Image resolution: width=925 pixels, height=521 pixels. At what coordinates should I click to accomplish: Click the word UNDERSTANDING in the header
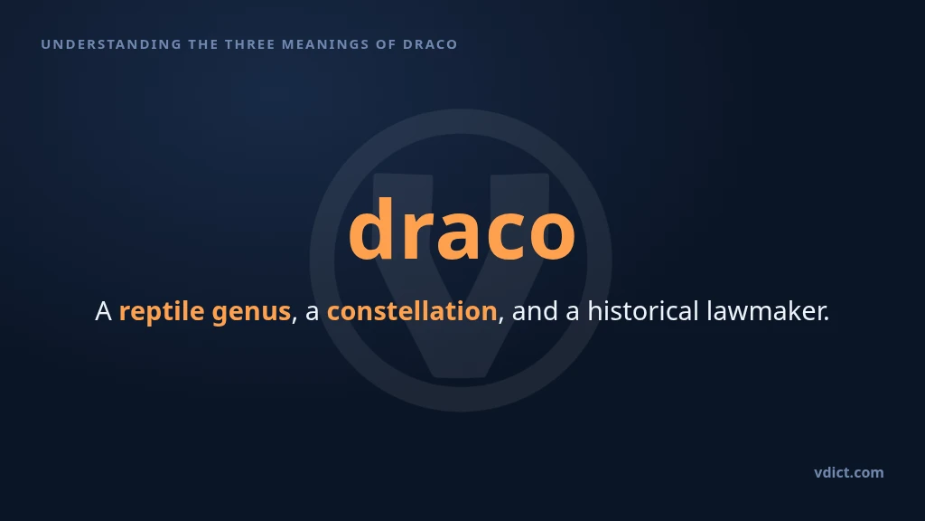coord(111,44)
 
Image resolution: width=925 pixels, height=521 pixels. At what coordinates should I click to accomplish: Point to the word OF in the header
coord(387,44)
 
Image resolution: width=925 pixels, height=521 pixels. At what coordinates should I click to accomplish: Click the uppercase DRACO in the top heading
coord(430,44)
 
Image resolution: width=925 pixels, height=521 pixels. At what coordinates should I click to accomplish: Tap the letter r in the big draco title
coord(420,236)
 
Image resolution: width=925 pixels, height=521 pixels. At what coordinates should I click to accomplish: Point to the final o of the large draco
coord(552,236)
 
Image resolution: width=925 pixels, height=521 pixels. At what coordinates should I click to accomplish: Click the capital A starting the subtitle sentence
coord(103,311)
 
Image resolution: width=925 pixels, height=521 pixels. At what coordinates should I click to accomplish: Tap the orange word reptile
coord(162,312)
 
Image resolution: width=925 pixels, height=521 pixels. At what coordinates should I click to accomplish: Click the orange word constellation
coord(412,311)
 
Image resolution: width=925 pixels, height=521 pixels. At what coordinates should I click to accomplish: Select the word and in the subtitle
coord(535,311)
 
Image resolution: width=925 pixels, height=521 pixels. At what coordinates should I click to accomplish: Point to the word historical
coord(643,311)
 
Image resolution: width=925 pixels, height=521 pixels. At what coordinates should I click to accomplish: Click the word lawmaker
coord(765,311)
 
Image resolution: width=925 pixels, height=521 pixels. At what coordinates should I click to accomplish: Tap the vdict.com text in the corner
coord(849,472)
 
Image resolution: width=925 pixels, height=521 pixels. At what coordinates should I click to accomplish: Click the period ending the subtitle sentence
coord(827,319)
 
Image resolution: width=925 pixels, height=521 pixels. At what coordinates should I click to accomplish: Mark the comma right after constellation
coord(500,321)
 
